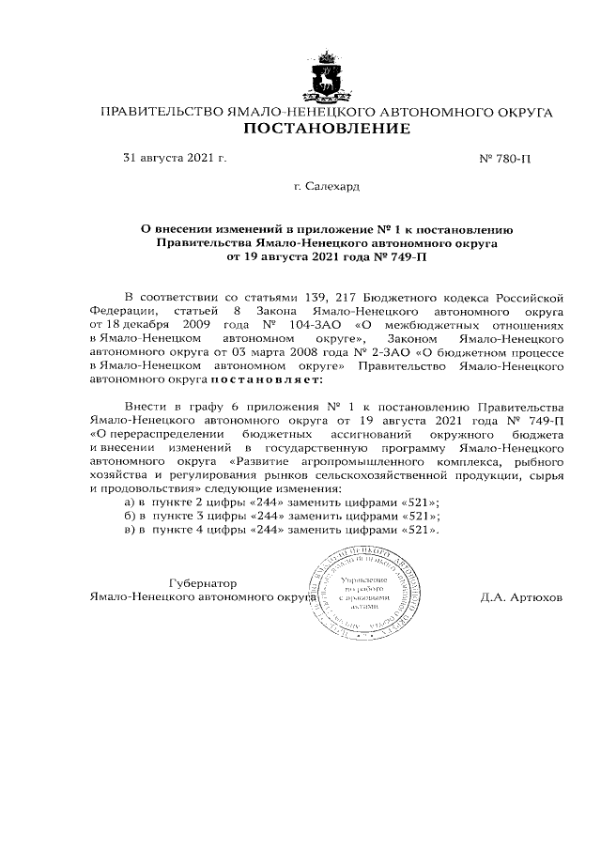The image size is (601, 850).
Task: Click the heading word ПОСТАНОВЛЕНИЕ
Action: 326,129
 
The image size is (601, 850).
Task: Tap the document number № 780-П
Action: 505,159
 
